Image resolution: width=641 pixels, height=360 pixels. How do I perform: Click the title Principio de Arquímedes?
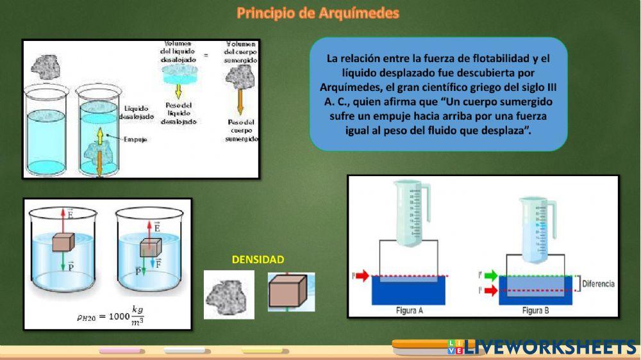pyautogui.click(x=318, y=13)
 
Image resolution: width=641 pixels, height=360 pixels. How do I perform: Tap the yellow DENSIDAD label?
pyautogui.click(x=258, y=259)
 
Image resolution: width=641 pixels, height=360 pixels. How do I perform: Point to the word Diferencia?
pyautogui.click(x=598, y=284)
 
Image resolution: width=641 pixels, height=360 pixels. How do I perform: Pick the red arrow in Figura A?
pyautogui.click(x=362, y=276)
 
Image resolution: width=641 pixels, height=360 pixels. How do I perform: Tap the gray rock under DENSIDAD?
pyautogui.click(x=229, y=295)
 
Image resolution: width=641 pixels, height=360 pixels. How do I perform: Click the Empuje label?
pyautogui.click(x=136, y=139)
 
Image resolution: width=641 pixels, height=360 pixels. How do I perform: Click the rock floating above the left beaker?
pyautogui.click(x=46, y=65)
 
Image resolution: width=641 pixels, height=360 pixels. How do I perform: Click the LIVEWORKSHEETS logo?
pyautogui.click(x=542, y=347)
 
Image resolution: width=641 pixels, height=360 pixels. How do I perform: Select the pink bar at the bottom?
pyautogui.click(x=122, y=350)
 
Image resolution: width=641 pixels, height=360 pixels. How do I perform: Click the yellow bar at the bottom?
pyautogui.click(x=263, y=350)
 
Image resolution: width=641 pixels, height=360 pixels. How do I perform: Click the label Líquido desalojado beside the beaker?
pyautogui.click(x=138, y=113)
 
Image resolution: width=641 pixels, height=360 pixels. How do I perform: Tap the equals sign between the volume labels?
pyautogui.click(x=206, y=56)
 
